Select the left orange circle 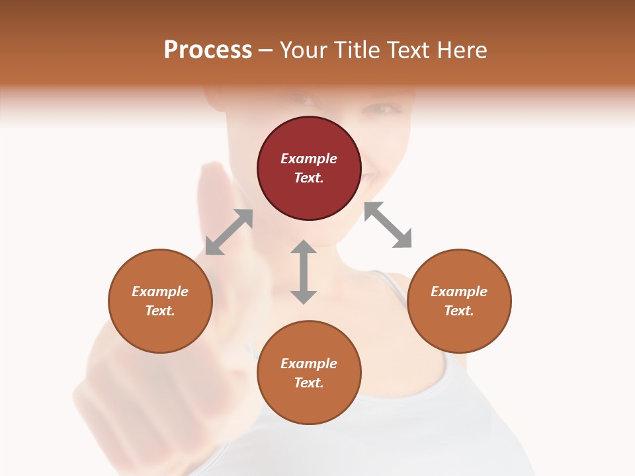pos(160,301)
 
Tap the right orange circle pos(459,301)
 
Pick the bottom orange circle pos(309,372)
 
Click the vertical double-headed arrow pos(304,272)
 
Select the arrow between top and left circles pos(229,232)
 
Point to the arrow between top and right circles pos(388,225)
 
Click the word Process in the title pos(208,50)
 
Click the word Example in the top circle pos(309,159)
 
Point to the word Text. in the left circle pos(160,311)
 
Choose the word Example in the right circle pos(459,292)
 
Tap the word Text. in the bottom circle pos(309,383)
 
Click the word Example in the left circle pos(160,292)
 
